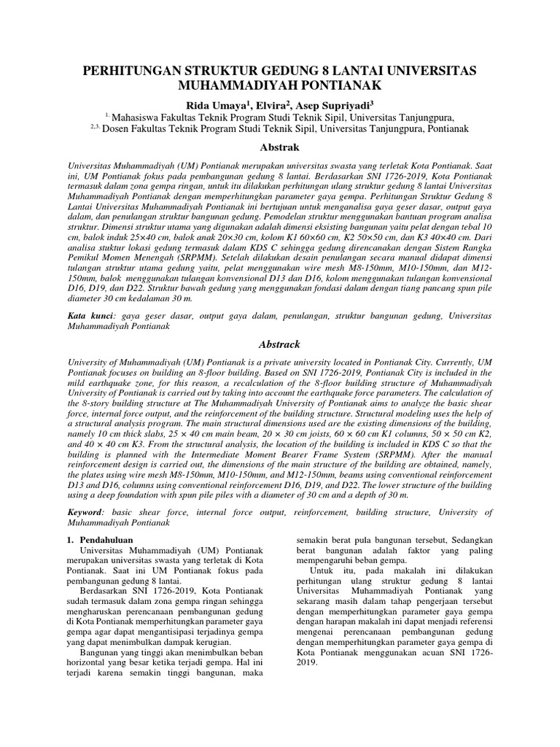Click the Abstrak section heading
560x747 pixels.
(279, 147)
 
